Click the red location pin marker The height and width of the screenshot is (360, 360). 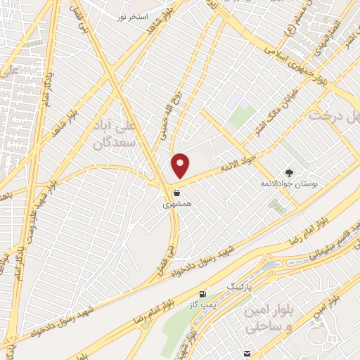click(181, 165)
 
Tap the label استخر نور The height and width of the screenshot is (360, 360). click(132, 15)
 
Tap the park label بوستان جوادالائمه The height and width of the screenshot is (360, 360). click(285, 183)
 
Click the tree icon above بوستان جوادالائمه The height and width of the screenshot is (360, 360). click(289, 172)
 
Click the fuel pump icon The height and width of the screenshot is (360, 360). click(203, 295)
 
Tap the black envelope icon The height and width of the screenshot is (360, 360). click(246, 353)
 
